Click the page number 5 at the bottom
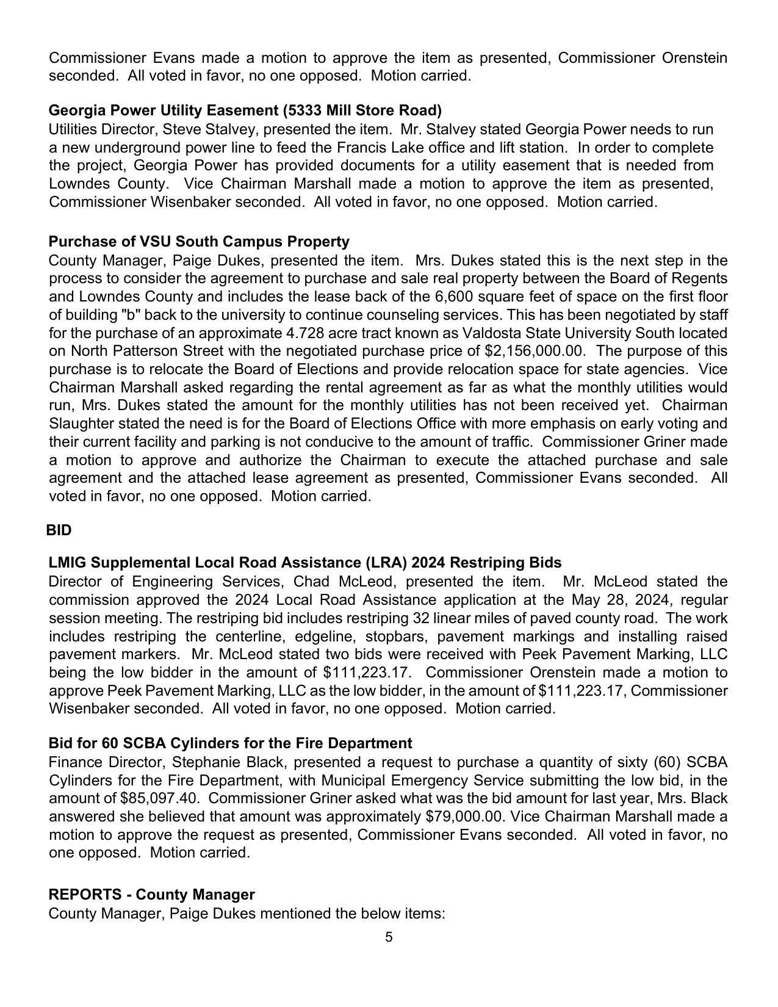tap(389, 937)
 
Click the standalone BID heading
tap(59, 530)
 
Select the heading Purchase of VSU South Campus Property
tap(199, 242)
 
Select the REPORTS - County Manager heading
tap(151, 895)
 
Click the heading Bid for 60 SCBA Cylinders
tap(230, 743)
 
